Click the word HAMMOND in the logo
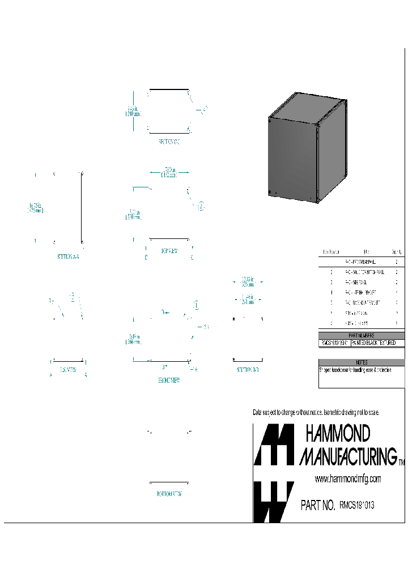click(338, 434)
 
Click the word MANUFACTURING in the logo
click(348, 456)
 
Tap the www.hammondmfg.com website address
click(347, 479)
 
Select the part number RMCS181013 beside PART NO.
click(356, 505)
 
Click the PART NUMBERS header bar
click(362, 336)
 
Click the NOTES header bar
click(362, 362)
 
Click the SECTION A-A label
click(68, 256)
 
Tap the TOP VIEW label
click(169, 251)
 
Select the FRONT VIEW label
click(169, 381)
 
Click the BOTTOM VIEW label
click(169, 493)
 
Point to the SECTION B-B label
click(248, 370)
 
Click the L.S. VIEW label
click(68, 370)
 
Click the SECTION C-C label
click(169, 142)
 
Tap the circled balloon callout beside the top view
click(201, 206)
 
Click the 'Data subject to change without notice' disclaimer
click(315, 412)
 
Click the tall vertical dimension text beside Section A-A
click(36, 207)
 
